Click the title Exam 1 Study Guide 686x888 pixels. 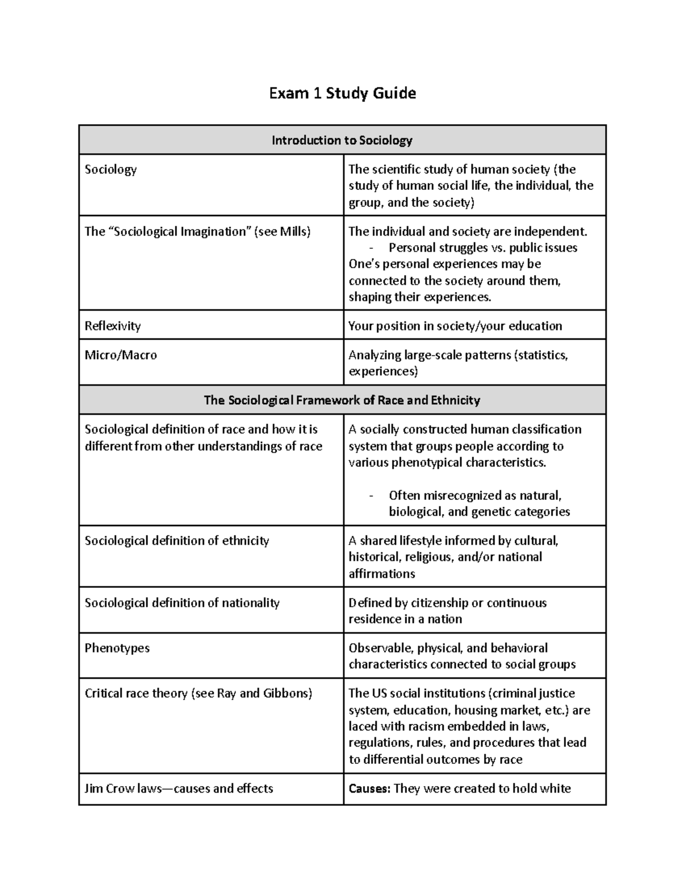pos(342,93)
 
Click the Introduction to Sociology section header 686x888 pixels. pos(342,140)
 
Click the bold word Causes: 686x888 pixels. pos(369,789)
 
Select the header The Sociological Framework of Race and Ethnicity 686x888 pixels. pos(342,400)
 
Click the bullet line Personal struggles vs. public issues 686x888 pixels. pos(482,248)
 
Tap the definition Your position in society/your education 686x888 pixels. pos(455,326)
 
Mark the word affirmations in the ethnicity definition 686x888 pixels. pos(382,574)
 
